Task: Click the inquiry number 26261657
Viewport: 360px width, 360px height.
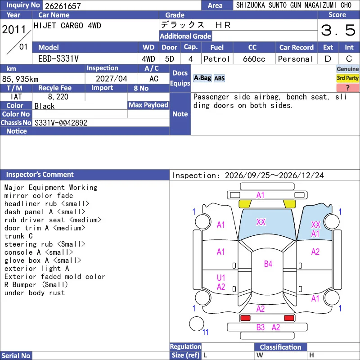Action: point(63,6)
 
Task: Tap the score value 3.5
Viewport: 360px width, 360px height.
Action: point(338,30)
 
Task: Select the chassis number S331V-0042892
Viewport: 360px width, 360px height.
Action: point(61,123)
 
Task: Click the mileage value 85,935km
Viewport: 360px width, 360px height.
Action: point(20,79)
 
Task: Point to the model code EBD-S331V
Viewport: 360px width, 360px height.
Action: point(58,59)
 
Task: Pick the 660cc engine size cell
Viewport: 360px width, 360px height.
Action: point(254,59)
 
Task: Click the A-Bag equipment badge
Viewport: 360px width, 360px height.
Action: point(202,78)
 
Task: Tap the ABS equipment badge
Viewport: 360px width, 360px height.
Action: point(219,78)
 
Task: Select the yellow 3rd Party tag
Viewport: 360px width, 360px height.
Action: point(347,78)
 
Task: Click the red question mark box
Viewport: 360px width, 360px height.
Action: point(347,87)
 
